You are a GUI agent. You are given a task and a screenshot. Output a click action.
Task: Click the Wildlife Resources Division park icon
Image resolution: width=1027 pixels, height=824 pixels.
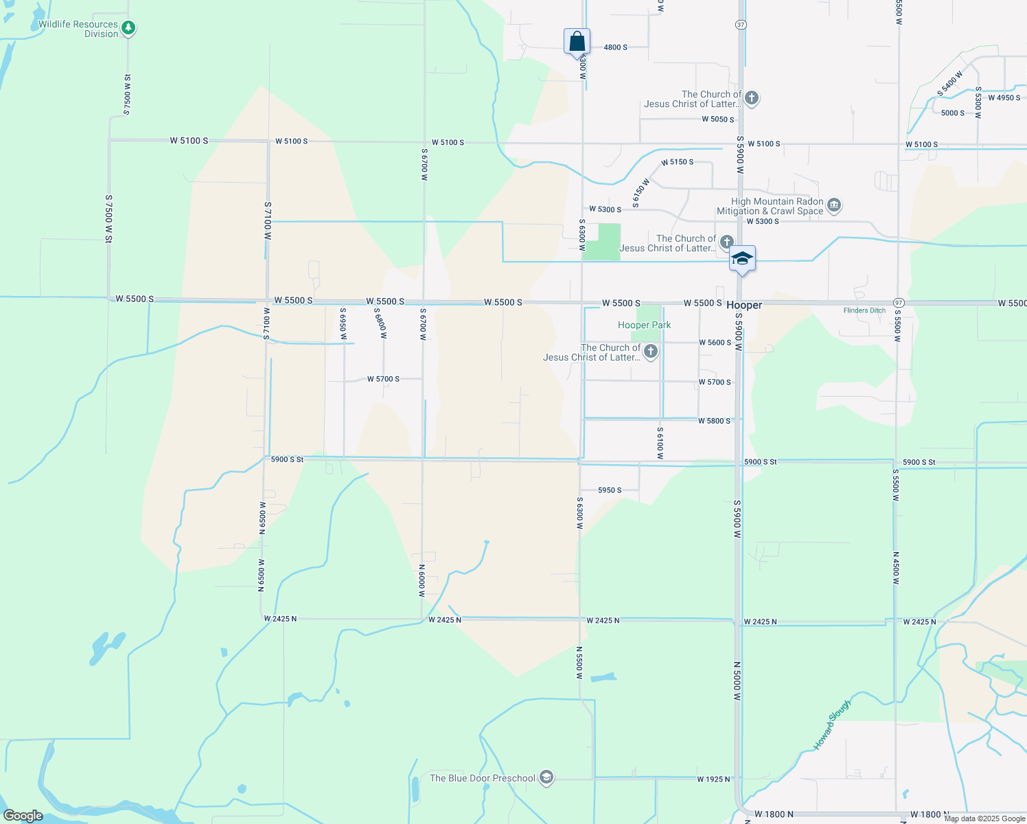(128, 28)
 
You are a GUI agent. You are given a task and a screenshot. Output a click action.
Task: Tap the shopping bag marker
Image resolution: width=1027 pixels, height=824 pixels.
(577, 42)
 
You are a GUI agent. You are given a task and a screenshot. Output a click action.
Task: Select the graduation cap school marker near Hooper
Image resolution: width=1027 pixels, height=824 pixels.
(742, 259)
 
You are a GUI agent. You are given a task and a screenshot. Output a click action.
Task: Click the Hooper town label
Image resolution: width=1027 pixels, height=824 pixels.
(744, 305)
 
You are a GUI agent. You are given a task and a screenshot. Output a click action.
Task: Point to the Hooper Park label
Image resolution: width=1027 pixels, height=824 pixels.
(644, 325)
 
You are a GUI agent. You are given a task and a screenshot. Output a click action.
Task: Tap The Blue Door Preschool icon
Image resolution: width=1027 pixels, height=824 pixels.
(546, 777)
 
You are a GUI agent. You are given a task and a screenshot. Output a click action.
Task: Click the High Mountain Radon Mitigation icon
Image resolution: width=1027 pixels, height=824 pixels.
(834, 205)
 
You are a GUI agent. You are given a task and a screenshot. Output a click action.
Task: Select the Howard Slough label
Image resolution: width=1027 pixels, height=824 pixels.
(832, 724)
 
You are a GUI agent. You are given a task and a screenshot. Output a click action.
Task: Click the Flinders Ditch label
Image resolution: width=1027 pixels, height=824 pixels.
(864, 310)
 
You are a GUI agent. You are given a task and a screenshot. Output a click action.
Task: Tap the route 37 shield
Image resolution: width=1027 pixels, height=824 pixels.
(740, 25)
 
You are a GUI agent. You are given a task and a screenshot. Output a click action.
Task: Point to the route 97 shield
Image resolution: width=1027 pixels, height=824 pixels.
(898, 303)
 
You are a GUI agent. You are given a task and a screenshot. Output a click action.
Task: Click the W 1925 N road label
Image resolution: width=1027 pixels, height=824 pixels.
(713, 779)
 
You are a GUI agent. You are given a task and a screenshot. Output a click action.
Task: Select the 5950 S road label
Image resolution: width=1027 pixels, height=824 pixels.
(610, 490)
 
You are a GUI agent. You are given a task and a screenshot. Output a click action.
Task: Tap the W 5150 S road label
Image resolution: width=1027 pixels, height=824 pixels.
(677, 162)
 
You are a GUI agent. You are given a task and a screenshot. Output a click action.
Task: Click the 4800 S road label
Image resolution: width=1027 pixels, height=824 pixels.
(615, 47)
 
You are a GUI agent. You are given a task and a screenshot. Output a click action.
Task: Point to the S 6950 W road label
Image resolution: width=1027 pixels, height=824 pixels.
(343, 323)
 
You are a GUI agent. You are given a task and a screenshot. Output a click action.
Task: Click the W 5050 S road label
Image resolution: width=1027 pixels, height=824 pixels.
(717, 119)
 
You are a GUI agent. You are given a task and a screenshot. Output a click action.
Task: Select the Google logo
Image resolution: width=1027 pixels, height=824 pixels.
(23, 816)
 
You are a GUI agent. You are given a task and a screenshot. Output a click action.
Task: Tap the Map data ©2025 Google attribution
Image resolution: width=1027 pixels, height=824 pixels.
(984, 819)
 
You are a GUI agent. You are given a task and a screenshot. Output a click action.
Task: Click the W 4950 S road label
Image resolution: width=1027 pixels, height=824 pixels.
(1004, 98)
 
